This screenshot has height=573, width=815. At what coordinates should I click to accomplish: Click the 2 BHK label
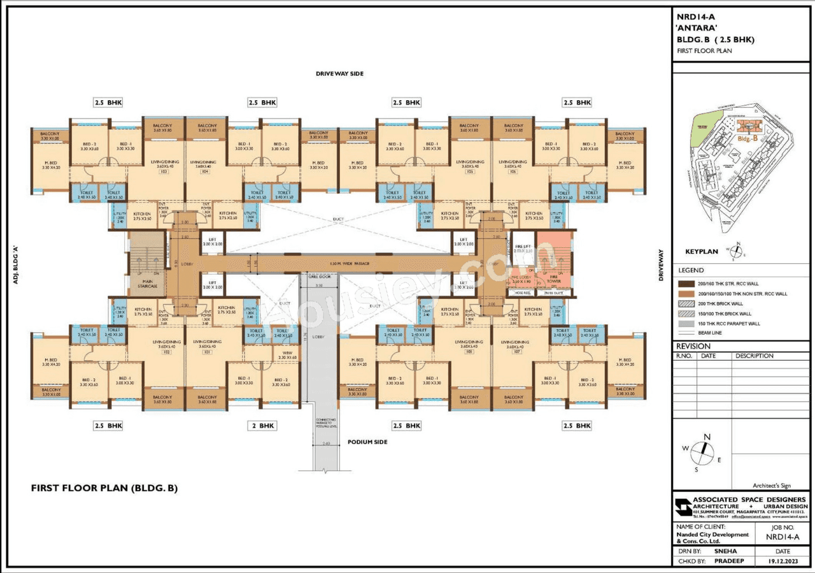[x=262, y=425]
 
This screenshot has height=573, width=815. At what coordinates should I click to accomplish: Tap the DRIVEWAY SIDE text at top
[x=339, y=74]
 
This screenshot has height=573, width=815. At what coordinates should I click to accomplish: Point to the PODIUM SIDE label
[x=367, y=442]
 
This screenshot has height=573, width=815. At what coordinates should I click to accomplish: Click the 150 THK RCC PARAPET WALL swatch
[x=686, y=324]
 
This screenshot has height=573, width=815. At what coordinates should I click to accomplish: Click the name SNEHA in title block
[x=723, y=551]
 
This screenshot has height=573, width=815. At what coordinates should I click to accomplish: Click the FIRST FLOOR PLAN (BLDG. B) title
[x=104, y=488]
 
